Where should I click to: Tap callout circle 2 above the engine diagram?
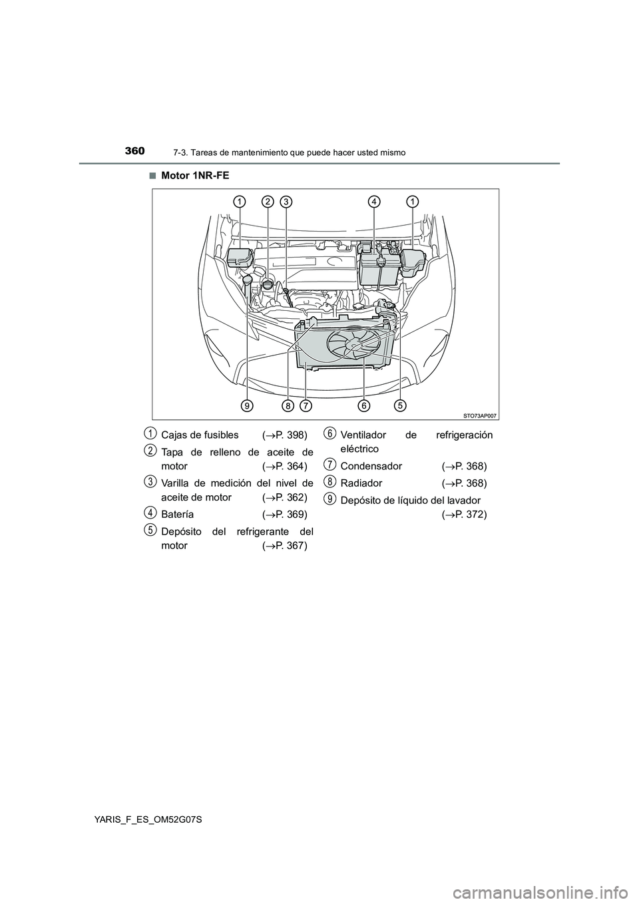click(x=267, y=200)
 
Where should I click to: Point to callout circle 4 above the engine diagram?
click(x=374, y=200)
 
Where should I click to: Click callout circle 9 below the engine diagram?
click(x=247, y=405)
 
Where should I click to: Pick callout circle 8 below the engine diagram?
click(x=288, y=405)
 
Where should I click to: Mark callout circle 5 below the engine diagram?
click(x=400, y=405)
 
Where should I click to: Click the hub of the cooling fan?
click(x=355, y=344)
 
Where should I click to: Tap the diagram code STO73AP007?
click(x=480, y=415)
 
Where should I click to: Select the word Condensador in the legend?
click(x=371, y=467)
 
